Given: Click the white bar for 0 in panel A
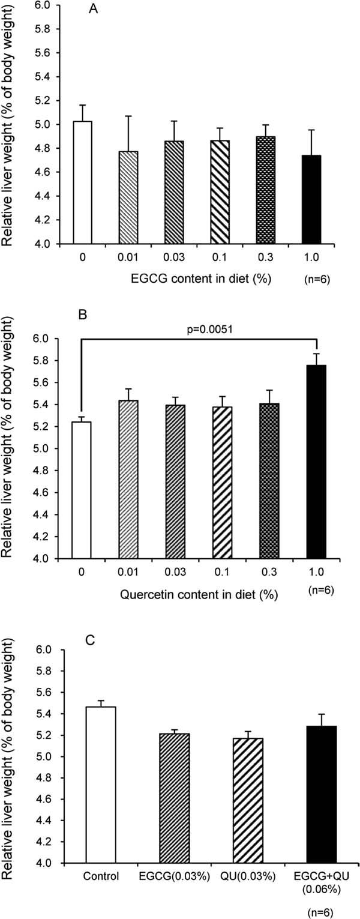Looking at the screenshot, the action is [82, 182].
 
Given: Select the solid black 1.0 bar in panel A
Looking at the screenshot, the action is [311, 200].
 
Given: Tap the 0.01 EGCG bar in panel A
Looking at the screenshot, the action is [128, 197].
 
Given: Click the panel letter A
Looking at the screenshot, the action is [94, 9].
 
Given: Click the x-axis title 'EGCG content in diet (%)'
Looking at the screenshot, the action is [202, 279].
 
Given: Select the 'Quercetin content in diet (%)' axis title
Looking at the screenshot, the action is [199, 594].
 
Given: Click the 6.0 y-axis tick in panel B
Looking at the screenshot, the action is [49, 339].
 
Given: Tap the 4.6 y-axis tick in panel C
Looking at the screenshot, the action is [51, 799].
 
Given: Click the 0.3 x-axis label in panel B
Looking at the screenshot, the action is [268, 572].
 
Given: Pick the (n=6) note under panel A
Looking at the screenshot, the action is [317, 280].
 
